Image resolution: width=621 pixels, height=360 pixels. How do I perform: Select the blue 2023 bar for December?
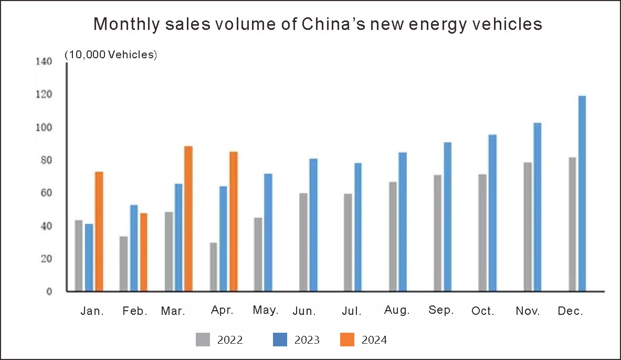(x=582, y=193)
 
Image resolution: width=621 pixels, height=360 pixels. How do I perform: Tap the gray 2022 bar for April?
(x=214, y=267)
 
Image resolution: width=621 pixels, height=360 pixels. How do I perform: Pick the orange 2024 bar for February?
(x=144, y=252)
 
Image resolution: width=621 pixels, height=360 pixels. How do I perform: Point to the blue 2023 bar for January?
(x=89, y=257)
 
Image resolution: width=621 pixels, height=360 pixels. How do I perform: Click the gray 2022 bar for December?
(x=572, y=224)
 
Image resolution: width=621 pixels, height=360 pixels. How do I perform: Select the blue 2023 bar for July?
(x=358, y=227)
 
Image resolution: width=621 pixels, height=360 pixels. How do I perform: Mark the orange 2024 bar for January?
(x=99, y=231)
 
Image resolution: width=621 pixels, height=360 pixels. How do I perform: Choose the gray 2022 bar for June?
(x=303, y=242)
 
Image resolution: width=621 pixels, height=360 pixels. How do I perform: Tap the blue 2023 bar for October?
(x=492, y=213)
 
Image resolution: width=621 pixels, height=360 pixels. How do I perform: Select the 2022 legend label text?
(x=230, y=340)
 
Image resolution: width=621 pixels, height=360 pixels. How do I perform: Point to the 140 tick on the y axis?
(x=44, y=61)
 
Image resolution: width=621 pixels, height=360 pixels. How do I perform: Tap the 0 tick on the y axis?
(x=49, y=292)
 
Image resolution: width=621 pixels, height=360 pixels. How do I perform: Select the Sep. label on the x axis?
(x=441, y=310)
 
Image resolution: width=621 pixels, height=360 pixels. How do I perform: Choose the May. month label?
(x=265, y=310)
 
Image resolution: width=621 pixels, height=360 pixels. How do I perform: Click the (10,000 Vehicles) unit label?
(x=111, y=55)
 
